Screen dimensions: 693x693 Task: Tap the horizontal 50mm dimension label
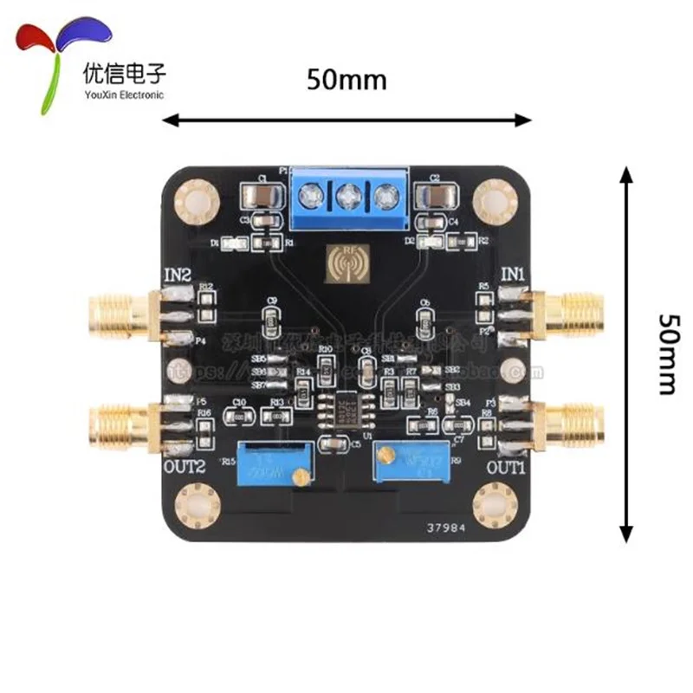click(346, 79)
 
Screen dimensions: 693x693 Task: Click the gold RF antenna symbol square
click(347, 263)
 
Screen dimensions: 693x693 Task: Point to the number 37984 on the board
click(449, 525)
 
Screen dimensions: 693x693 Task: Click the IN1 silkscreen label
click(513, 275)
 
